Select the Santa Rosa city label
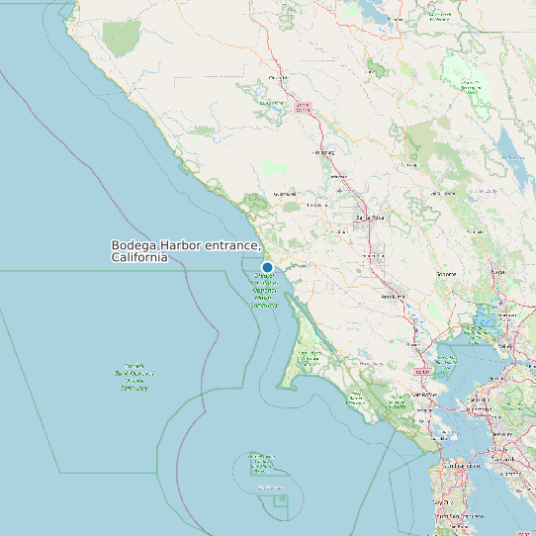tap(369, 218)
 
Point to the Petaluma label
tap(395, 295)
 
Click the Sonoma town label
tap(447, 274)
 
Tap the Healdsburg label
tap(324, 153)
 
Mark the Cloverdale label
tap(279, 77)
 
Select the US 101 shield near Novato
tap(423, 371)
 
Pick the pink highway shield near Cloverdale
tap(304, 105)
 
